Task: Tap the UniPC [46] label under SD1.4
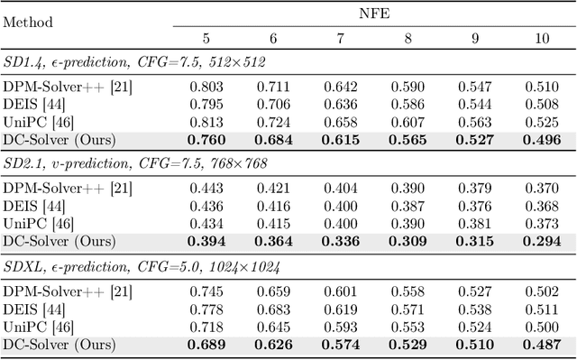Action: click(50, 122)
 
